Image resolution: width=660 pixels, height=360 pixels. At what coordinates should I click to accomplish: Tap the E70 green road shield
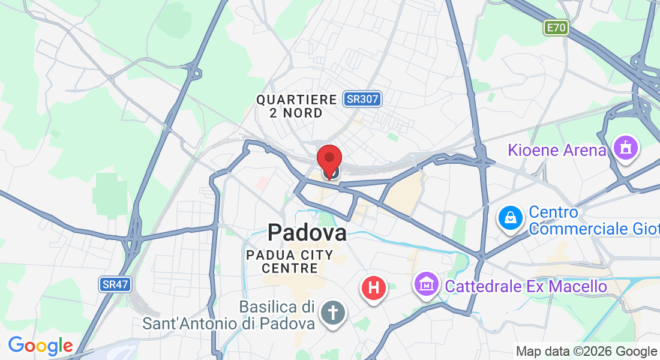[556, 28]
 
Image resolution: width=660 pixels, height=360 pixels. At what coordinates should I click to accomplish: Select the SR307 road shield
[363, 99]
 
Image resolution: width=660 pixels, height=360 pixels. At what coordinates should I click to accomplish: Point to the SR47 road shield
[115, 284]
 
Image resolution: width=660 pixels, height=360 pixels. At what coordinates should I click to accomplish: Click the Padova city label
[307, 232]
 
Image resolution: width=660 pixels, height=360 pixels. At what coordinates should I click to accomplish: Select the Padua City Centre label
[290, 262]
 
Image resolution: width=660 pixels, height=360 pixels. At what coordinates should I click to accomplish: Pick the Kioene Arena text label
[557, 150]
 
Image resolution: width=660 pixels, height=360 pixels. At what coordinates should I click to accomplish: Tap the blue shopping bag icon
[511, 218]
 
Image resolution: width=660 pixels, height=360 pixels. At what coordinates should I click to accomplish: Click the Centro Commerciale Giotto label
[594, 220]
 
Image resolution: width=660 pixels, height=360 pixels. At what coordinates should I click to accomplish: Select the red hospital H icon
[374, 287]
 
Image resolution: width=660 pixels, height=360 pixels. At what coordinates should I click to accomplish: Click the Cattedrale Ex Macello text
[526, 286]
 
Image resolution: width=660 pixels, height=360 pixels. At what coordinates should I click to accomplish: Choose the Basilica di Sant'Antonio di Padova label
[229, 315]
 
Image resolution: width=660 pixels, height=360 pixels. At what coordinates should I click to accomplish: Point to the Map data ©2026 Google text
[586, 352]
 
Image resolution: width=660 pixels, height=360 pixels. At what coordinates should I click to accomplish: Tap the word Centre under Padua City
[290, 268]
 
